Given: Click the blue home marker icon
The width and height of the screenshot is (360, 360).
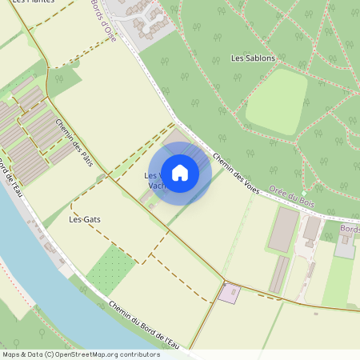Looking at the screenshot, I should coord(180,172).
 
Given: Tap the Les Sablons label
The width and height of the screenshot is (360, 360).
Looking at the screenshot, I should coord(253,58).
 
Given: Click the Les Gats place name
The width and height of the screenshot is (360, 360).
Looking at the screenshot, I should coord(85,218).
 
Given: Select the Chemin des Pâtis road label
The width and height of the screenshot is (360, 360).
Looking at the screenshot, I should coord(74,142).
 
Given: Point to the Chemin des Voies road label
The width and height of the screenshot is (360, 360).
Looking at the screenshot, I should coord(236,168).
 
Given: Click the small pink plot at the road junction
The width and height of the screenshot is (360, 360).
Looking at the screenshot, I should coord(230,293).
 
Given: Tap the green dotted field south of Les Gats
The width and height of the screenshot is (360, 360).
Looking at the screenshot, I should coord(110,269).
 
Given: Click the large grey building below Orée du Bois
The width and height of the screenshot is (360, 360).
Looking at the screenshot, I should coord(282,229).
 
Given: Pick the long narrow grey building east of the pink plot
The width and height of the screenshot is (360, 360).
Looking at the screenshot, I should coord(278,274).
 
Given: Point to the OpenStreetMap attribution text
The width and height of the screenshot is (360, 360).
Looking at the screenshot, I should coord(80,354).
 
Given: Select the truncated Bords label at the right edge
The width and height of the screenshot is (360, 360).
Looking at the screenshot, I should coord(350,229).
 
